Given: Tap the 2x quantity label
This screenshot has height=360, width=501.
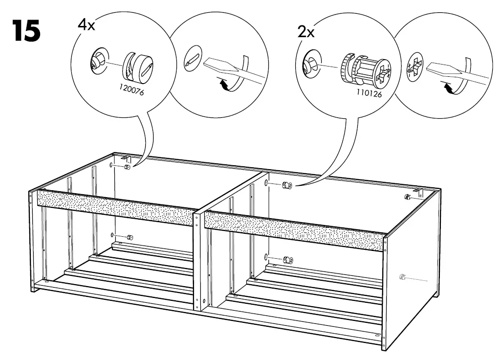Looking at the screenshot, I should (x=306, y=32).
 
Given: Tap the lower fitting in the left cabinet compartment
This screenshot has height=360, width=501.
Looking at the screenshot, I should (x=130, y=237).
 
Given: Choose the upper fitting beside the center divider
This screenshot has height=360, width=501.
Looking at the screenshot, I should (x=286, y=185).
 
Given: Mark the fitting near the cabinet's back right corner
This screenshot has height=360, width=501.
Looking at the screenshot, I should (x=407, y=196).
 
